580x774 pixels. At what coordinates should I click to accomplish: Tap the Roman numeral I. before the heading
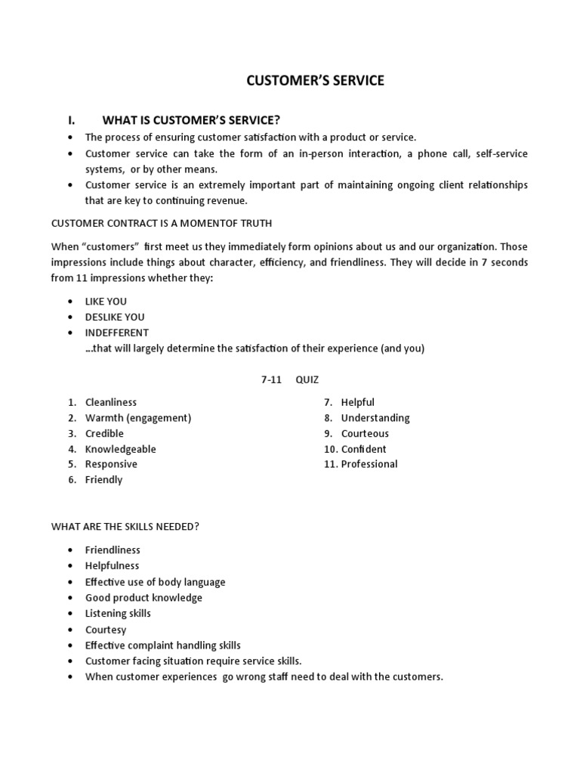click(72, 120)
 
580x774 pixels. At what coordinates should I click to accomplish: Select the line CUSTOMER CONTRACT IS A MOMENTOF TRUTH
click(161, 223)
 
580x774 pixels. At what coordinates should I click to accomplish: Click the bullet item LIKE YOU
click(106, 302)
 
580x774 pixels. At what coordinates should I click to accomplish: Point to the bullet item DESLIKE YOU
click(114, 317)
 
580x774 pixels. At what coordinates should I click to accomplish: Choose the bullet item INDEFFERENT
click(116, 333)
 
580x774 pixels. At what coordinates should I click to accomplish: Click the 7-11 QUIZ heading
click(290, 379)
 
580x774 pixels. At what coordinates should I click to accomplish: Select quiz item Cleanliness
click(111, 402)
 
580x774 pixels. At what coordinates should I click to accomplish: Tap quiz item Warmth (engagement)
click(138, 418)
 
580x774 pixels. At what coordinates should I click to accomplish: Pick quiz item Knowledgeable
click(121, 449)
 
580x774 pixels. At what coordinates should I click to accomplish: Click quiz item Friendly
click(103, 480)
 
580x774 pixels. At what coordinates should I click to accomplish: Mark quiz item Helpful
click(357, 402)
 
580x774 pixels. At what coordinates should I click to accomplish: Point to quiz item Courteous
click(365, 433)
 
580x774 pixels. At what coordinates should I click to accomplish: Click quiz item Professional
click(369, 464)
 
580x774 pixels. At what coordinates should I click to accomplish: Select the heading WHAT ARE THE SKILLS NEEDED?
click(125, 527)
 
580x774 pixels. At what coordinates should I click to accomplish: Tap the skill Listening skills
click(118, 613)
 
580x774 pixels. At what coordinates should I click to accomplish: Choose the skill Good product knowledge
click(143, 598)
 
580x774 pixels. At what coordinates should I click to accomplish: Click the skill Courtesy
click(106, 630)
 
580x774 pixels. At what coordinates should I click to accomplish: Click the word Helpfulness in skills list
click(112, 565)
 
